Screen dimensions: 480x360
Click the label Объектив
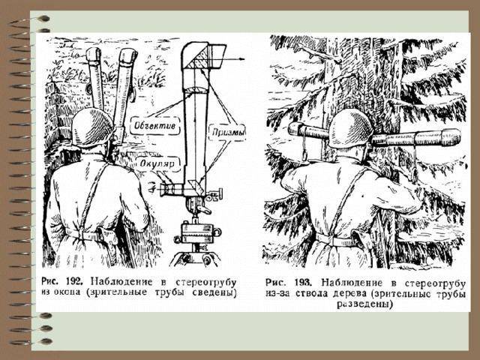155,125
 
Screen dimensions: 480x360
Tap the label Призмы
229,132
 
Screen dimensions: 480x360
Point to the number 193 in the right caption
304,282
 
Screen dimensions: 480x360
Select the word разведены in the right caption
364,304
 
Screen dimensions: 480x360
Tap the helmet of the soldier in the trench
92,127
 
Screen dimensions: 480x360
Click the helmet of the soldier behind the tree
351,129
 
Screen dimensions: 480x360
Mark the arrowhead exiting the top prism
242,58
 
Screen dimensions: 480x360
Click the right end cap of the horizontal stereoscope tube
451,136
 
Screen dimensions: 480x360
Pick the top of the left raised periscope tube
94,54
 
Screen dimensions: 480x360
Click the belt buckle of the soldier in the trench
82,235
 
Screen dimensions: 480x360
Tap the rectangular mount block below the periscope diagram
196,233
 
